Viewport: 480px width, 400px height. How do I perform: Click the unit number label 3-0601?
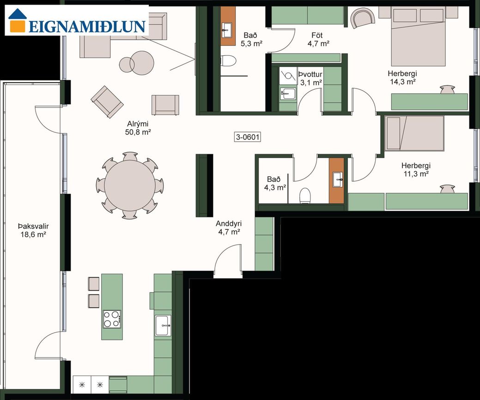[248, 137]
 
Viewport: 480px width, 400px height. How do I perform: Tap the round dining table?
[130, 185]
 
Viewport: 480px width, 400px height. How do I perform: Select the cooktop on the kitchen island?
[112, 319]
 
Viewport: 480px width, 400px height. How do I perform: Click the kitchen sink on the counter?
[163, 325]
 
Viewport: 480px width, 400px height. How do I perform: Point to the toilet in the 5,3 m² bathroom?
[228, 60]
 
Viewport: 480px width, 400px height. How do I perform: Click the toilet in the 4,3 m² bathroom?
[305, 196]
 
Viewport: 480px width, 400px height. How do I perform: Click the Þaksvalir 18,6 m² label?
[33, 231]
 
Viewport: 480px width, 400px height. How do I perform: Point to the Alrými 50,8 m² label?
[138, 128]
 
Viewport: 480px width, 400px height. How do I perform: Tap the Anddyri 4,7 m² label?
[229, 227]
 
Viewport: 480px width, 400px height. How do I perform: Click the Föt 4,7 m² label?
[318, 39]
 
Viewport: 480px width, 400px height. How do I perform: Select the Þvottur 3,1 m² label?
[310, 78]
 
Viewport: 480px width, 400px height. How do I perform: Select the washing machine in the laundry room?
[288, 76]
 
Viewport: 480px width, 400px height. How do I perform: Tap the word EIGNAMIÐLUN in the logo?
[87, 26]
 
